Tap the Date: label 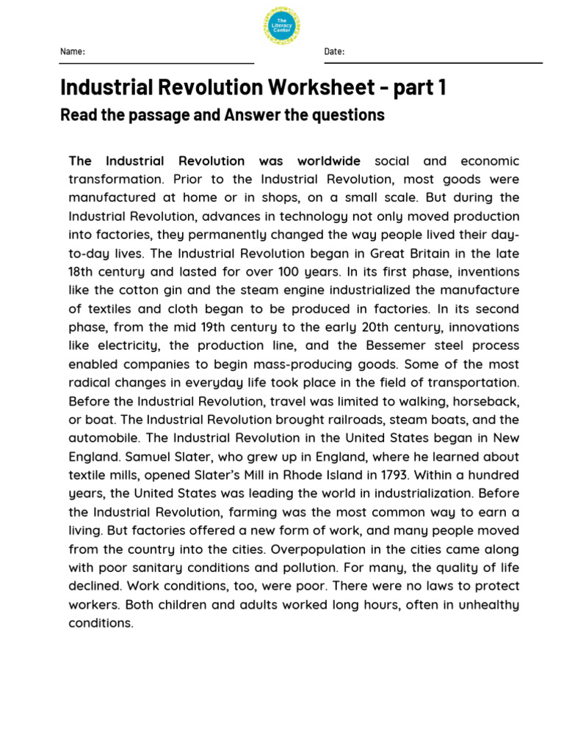tap(334, 51)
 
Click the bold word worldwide tap(328, 161)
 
